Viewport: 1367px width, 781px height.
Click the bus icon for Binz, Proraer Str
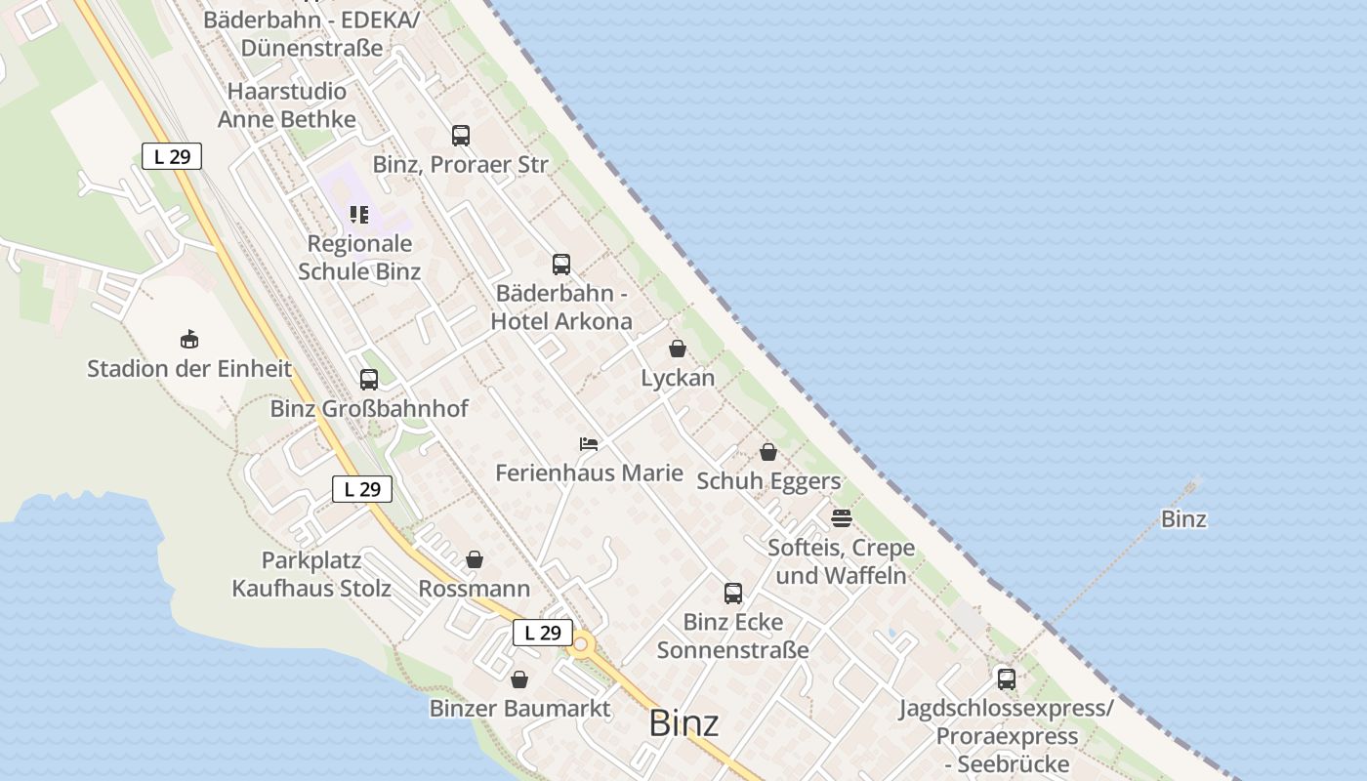461,136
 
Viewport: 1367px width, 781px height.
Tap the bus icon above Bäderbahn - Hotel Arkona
561,264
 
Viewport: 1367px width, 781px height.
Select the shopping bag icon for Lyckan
678,349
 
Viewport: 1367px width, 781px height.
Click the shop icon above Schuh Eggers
768,452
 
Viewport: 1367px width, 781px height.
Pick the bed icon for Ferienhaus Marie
588,444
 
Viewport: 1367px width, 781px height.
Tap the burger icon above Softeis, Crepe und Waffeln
842,517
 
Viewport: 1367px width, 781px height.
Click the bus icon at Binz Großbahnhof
369,380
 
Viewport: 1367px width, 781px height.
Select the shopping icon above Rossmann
475,559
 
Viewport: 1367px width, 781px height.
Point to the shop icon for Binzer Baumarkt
519,678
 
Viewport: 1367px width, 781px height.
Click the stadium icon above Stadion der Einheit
189,340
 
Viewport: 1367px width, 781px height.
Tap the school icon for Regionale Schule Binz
359,215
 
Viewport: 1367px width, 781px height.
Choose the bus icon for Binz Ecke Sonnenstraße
733,593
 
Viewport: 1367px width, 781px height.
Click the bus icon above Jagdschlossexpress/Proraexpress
1007,678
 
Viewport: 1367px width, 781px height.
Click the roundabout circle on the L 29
583,644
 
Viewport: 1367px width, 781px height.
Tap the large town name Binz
683,723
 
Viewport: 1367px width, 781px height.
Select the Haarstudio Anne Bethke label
287,105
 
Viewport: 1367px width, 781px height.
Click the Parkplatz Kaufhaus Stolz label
311,575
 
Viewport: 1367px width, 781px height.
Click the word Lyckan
678,378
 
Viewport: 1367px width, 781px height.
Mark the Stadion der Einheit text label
189,369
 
